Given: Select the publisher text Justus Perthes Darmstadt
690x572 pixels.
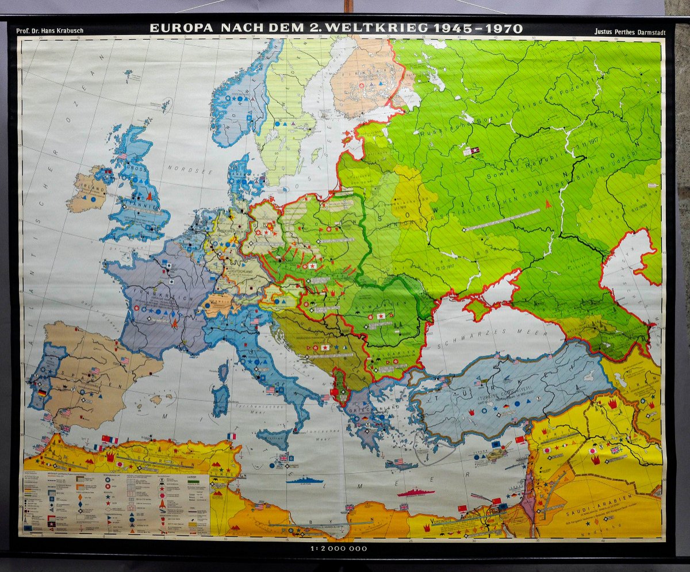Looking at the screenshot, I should coord(629,32).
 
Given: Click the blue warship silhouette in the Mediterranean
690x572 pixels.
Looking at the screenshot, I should coord(304,480).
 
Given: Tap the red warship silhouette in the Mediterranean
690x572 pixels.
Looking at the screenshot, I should coord(416,492).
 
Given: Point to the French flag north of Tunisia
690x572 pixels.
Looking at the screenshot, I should coord(231,436).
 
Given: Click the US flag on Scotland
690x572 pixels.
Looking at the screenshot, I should coord(121,156).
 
